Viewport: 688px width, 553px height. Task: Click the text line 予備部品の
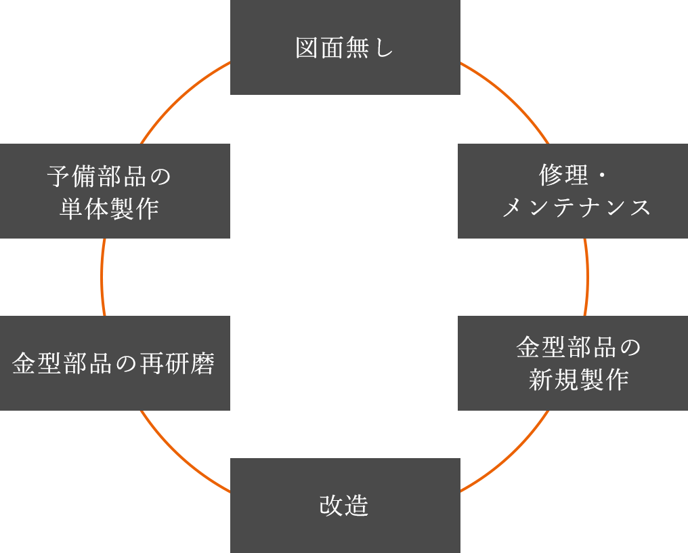tap(109, 176)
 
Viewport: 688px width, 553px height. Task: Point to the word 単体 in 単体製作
tap(84, 208)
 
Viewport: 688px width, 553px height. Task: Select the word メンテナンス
tap(576, 207)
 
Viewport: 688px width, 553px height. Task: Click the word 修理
tap(563, 176)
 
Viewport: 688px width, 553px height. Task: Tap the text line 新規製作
tap(578, 380)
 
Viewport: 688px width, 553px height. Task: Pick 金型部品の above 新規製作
tap(578, 348)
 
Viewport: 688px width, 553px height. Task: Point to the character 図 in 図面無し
tap(307, 48)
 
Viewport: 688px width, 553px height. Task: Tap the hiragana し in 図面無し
tap(383, 48)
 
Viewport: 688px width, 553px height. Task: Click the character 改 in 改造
tap(332, 506)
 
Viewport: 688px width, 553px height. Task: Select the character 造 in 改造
tap(358, 506)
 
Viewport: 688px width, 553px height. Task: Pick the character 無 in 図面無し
tap(358, 48)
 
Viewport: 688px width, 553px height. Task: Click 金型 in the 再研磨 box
tap(37, 364)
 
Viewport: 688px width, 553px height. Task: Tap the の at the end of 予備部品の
tap(160, 176)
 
